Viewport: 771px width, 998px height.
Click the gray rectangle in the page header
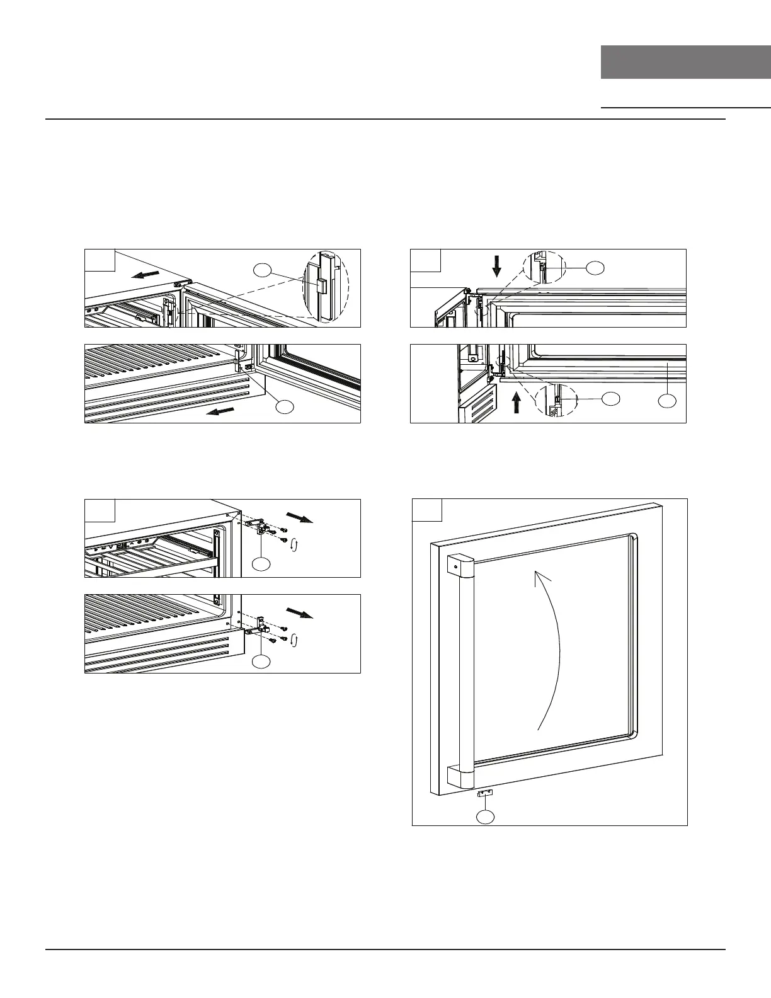tap(685, 62)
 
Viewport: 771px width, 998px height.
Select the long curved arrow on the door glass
tap(547, 649)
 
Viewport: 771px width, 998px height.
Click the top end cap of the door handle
tap(460, 566)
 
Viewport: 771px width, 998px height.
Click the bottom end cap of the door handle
tap(460, 777)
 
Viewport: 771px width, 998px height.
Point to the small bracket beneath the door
tap(485, 794)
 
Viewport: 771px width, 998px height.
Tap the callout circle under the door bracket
tap(485, 817)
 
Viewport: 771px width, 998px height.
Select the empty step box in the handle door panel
tap(427, 510)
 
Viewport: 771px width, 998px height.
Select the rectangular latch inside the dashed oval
tap(321, 287)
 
